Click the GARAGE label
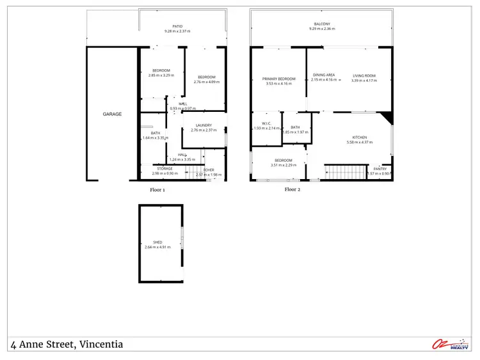pyautogui.click(x=112, y=114)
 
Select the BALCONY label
pyautogui.click(x=321, y=24)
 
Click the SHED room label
pyautogui.click(x=157, y=242)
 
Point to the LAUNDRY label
pyautogui.click(x=204, y=125)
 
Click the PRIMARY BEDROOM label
pyautogui.click(x=278, y=79)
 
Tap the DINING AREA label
pyautogui.click(x=324, y=75)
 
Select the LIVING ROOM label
pyautogui.click(x=364, y=75)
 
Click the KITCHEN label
pyautogui.click(x=359, y=137)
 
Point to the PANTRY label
pyautogui.click(x=380, y=169)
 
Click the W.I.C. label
pyautogui.click(x=267, y=124)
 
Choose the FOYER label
pyautogui.click(x=209, y=170)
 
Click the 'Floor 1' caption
pyautogui.click(x=157, y=190)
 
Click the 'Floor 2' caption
pyautogui.click(x=292, y=189)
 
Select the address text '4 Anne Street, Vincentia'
pyautogui.click(x=67, y=345)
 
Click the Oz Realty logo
pyautogui.click(x=451, y=345)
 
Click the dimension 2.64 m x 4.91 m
pyautogui.click(x=157, y=247)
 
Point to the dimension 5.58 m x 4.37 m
pyautogui.click(x=359, y=142)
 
